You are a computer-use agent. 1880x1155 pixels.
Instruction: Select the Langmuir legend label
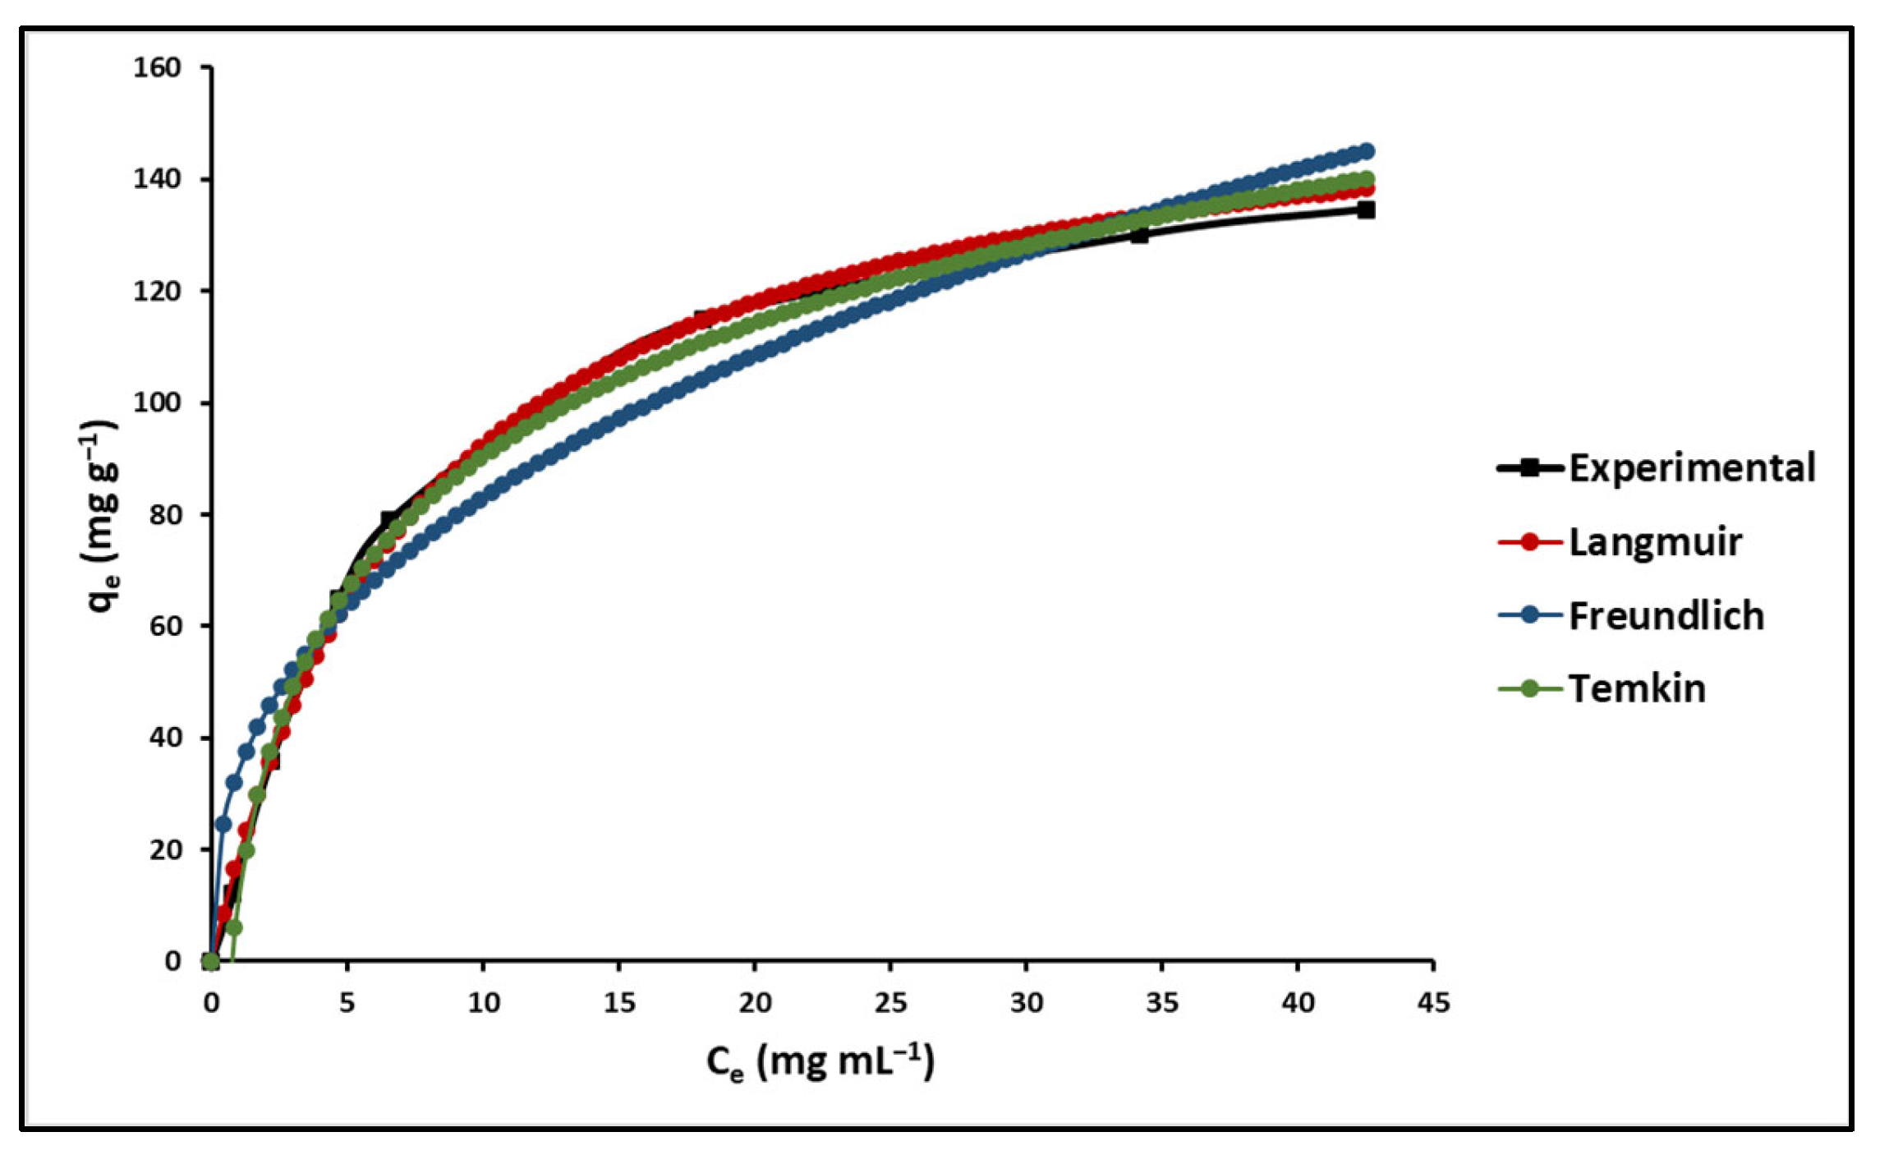pos(1655,542)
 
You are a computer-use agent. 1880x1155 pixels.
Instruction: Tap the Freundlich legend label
pos(1666,616)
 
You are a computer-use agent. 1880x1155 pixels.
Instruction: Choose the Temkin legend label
pos(1637,688)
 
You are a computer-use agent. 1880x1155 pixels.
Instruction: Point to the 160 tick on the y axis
pos(157,67)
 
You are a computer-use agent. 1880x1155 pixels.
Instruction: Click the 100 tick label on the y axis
pos(157,403)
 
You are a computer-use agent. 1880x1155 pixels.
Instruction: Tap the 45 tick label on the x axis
pos(1433,1003)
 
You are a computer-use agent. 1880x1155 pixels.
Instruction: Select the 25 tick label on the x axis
pos(890,1003)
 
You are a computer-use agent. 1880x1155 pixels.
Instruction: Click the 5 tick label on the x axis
pos(347,1003)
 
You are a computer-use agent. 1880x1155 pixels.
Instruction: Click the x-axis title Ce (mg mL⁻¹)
pos(820,1061)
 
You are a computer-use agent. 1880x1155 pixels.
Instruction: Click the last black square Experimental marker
pos(1366,210)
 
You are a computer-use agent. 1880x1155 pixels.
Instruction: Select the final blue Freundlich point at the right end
pos(1367,151)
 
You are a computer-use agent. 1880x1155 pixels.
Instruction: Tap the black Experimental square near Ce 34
pos(1139,235)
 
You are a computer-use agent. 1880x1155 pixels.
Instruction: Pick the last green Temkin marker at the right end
pos(1367,179)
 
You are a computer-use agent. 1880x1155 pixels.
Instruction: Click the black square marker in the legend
pos(1529,468)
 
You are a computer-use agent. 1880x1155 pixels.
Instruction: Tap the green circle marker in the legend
pos(1529,688)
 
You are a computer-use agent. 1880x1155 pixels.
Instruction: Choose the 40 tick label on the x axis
pos(1298,1003)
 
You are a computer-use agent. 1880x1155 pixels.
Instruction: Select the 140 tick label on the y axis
pos(157,179)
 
